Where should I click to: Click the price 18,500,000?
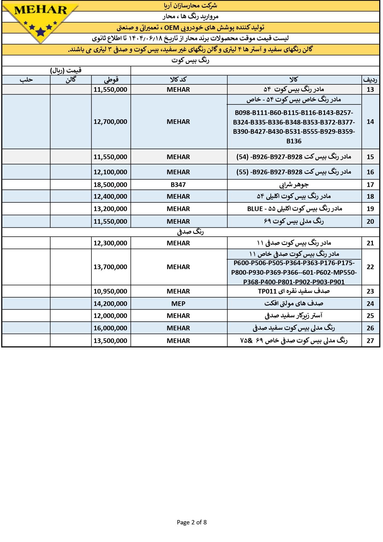pyautogui.click(x=110, y=185)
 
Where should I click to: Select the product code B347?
pyautogui.click(x=178, y=185)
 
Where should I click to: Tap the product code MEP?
pyautogui.click(x=178, y=303)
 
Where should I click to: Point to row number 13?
pyautogui.click(x=370, y=90)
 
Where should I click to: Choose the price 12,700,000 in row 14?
pyautogui.click(x=110, y=122)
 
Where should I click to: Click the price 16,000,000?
pyautogui.click(x=110, y=328)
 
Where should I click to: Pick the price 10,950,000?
pyautogui.click(x=110, y=291)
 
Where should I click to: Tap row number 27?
pyautogui.click(x=370, y=341)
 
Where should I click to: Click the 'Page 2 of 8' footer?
pyautogui.click(x=192, y=522)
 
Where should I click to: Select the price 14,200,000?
pyautogui.click(x=110, y=303)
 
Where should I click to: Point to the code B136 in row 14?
pyautogui.click(x=294, y=141)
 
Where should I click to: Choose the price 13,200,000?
pyautogui.click(x=110, y=209)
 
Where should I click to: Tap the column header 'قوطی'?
pyautogui.click(x=111, y=80)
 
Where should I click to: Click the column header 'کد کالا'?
pyautogui.click(x=178, y=80)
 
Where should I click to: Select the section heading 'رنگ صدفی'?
pyautogui.click(x=190, y=232)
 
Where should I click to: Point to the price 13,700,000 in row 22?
pyautogui.click(x=110, y=267)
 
